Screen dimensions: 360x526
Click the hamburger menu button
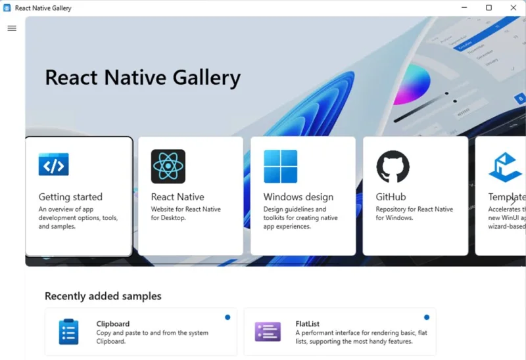click(11, 28)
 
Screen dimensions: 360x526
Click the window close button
click(514, 8)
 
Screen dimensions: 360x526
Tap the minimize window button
click(464, 8)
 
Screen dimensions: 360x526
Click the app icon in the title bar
click(7, 8)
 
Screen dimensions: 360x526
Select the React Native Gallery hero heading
click(143, 78)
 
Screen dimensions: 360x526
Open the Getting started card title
click(70, 196)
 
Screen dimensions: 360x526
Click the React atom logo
click(168, 166)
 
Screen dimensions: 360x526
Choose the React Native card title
click(178, 196)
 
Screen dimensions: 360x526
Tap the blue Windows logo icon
click(280, 166)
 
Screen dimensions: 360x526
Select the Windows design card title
click(299, 196)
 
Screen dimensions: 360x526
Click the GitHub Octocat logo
click(393, 166)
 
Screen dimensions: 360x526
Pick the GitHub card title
click(391, 196)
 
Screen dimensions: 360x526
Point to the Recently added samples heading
click(103, 296)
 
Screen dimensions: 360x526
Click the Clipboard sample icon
click(68, 332)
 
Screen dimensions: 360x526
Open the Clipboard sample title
click(113, 324)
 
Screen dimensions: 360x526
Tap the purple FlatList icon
click(268, 332)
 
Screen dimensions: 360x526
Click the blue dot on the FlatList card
click(427, 317)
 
